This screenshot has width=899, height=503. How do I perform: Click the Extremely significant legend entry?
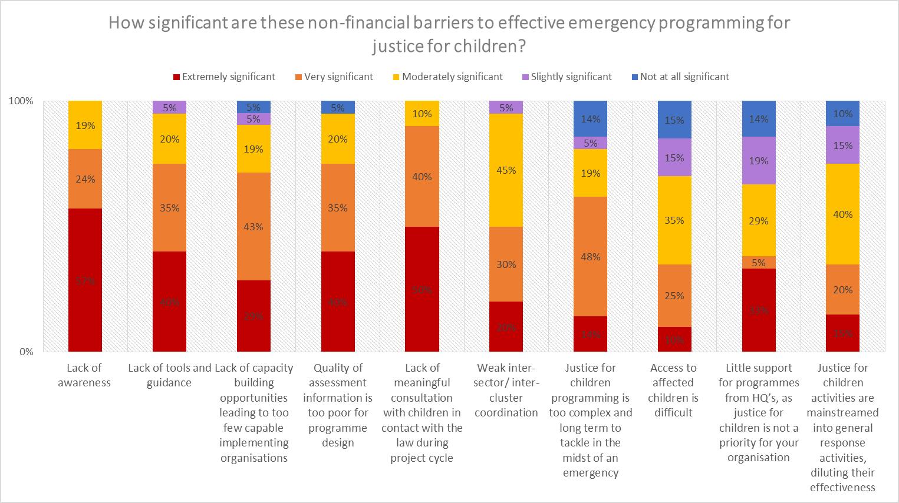pos(223,77)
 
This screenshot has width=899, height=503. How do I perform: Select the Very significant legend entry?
pos(334,77)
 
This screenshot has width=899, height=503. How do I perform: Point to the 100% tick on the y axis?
pos(21,101)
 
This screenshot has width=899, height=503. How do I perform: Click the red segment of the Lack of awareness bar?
pos(85,280)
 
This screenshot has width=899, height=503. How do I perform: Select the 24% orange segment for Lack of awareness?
pos(85,178)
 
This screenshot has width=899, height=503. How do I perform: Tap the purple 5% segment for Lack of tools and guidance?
pos(169,107)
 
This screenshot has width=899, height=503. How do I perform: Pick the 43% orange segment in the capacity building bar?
pos(253,226)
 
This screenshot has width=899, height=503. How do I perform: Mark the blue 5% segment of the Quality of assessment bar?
pos(338,107)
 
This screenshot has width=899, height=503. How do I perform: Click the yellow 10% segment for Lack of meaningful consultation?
pos(422,113)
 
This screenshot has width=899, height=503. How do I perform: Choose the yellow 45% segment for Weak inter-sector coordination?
pos(506,170)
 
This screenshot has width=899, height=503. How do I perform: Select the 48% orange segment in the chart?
pos(590,256)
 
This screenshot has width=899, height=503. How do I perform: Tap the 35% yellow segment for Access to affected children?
pos(674,220)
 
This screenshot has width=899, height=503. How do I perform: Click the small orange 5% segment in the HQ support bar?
pos(759,262)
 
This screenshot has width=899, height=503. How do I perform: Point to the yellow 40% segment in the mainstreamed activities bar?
pos(842,214)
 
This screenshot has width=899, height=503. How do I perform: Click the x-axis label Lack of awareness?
pos(84,375)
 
